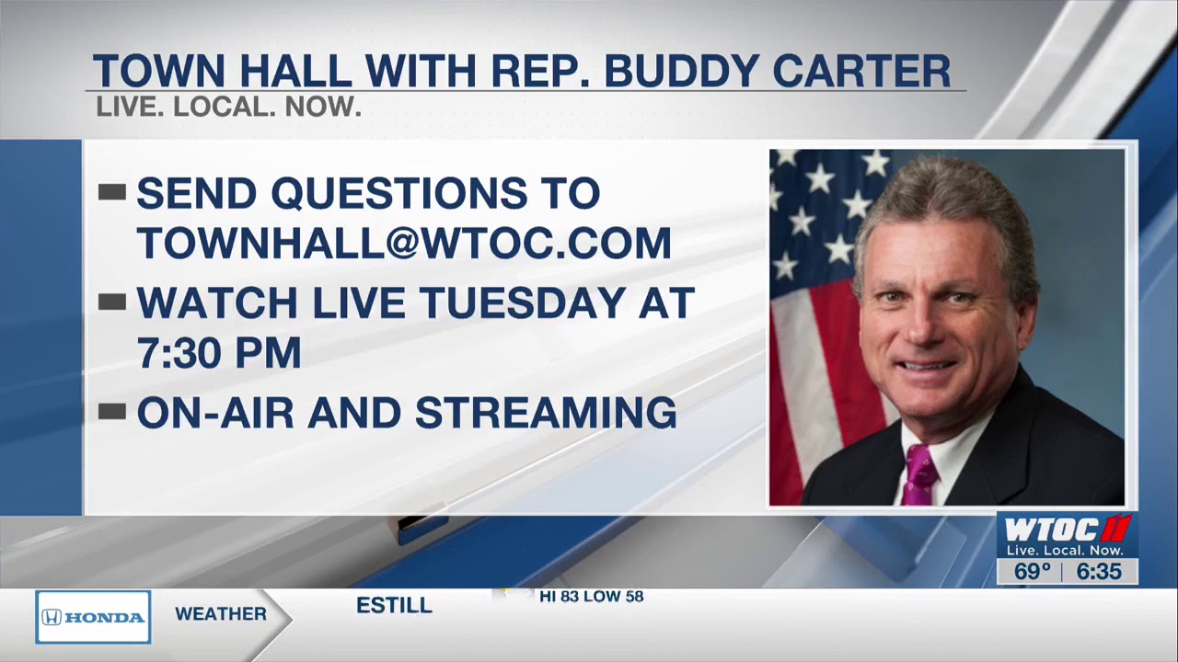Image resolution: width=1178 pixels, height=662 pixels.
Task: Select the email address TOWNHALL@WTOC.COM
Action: pos(404,244)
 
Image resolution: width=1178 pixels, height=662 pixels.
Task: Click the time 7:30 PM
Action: pos(219,353)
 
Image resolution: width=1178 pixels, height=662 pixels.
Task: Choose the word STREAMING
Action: pos(546,413)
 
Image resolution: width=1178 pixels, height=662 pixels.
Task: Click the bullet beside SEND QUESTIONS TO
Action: pos(111,192)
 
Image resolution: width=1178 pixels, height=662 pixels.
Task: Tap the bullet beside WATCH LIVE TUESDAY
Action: pos(111,302)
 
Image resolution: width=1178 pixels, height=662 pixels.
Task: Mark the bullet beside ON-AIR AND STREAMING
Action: pos(111,411)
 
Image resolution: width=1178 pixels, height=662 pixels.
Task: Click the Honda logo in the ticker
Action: pos(93,617)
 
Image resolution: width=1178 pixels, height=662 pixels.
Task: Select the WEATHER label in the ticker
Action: pos(221,614)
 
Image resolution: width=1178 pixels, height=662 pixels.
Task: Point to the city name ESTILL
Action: pos(394,605)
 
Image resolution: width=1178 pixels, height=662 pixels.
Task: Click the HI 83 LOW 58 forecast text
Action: pos(591,597)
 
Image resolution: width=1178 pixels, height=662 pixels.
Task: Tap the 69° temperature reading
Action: pos(1032,572)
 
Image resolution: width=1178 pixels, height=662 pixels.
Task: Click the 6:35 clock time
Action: pos(1099,572)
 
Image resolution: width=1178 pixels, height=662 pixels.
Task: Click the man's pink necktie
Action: pos(918,474)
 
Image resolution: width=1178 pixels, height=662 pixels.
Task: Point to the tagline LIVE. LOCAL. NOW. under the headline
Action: pos(228,108)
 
